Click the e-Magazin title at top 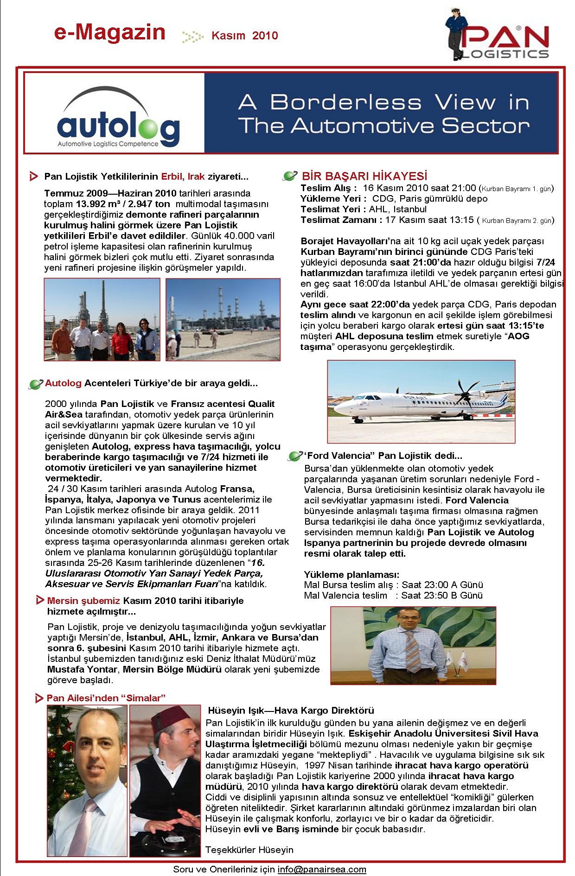click(110, 33)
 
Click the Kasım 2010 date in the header click(244, 36)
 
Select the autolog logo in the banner click(118, 121)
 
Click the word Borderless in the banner click(345, 102)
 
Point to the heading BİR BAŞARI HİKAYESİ click(364, 176)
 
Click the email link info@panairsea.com click(322, 870)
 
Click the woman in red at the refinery click(122, 341)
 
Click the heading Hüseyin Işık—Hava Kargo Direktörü click(291, 711)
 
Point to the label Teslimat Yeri click(330, 209)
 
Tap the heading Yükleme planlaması click(351, 574)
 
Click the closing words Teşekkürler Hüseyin click(249, 850)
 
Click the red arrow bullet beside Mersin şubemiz click(40, 600)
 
